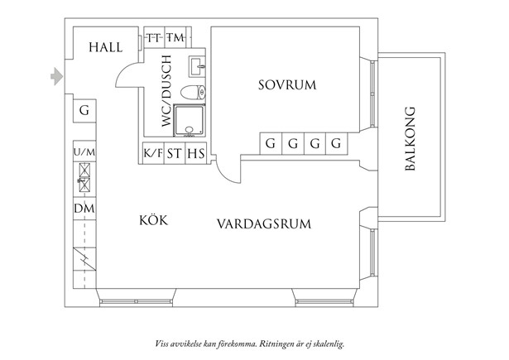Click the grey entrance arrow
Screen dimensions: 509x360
click(57, 77)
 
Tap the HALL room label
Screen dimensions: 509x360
click(106, 47)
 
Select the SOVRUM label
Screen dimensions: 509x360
click(287, 85)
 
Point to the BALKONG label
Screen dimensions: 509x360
click(411, 138)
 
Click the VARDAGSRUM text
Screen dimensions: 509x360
click(264, 224)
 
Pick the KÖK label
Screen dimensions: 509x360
click(154, 220)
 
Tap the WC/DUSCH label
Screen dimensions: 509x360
click(166, 91)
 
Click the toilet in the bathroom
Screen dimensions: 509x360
click(193, 93)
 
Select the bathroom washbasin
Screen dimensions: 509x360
click(197, 66)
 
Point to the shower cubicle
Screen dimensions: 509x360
click(190, 120)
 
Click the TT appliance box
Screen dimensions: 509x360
click(154, 38)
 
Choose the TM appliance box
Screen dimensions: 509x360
click(175, 38)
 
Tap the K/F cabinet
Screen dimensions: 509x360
click(153, 153)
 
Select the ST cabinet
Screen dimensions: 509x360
click(175, 153)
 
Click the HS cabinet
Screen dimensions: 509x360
click(196, 153)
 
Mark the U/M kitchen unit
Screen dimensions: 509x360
click(84, 152)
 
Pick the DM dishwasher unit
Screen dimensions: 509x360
click(84, 209)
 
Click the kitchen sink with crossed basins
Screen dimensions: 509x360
click(84, 177)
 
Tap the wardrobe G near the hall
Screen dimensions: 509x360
click(84, 111)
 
